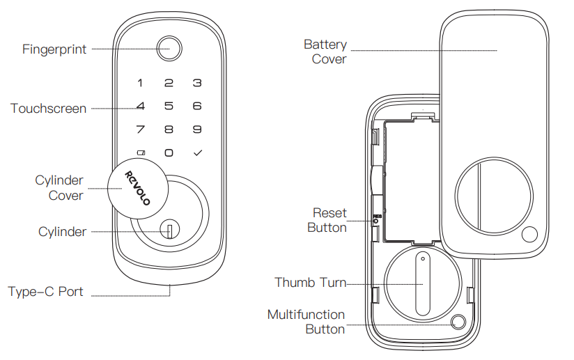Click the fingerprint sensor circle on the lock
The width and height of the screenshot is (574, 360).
pos(168,49)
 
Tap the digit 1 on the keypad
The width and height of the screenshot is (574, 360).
pos(140,84)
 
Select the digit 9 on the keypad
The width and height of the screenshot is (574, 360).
pos(197,130)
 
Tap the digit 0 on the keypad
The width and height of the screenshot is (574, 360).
pos(169,152)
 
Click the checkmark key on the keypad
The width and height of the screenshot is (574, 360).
pos(197,152)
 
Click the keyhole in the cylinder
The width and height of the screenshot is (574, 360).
pos(169,230)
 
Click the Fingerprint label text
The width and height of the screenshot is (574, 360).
pos(54,49)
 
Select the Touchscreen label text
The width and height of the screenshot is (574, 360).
pos(49,109)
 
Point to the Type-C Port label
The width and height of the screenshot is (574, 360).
pos(46,292)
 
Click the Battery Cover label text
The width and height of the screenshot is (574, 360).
pos(326,52)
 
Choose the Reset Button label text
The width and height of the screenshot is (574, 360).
pos(329,220)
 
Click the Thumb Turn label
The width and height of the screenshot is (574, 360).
pos(310,283)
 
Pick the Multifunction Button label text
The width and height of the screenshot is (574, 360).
pos(307,322)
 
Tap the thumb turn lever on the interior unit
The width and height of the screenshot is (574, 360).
pos(422,283)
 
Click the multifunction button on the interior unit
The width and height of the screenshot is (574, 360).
pos(458,322)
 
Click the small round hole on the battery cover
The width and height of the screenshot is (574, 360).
pos(529,235)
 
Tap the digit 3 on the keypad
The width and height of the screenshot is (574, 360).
pos(197,84)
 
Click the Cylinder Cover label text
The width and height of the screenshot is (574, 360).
pos(59,188)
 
